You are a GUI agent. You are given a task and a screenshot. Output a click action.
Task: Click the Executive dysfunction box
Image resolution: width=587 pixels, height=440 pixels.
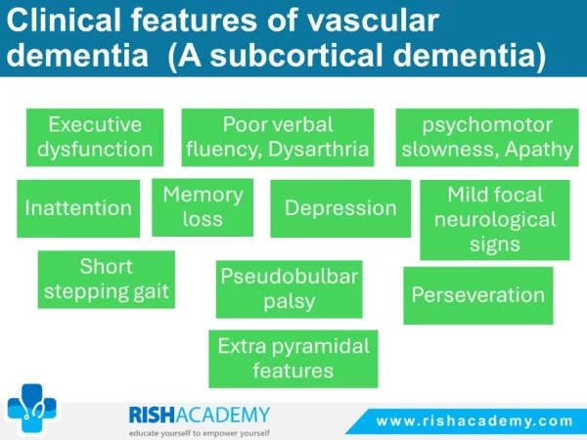coord(95,137)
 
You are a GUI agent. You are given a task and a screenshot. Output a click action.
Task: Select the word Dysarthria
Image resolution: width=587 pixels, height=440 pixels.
coord(319,150)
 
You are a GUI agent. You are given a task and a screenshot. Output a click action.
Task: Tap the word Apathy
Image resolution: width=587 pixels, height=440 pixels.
coord(539,150)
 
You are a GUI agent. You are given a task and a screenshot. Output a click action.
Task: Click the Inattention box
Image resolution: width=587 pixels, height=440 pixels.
coord(78,208)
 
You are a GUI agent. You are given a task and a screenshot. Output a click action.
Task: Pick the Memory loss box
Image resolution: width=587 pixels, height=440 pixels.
coord(203,207)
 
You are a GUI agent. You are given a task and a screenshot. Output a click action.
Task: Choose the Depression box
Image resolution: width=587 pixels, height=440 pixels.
coord(340,208)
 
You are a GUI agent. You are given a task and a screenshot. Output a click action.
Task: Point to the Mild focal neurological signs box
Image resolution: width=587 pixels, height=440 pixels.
coord(495,220)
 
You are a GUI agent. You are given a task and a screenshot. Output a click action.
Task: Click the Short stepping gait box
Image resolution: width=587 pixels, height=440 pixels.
coord(107,280)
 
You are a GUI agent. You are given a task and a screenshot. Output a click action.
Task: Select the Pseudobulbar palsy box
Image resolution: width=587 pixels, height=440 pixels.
coord(289,289)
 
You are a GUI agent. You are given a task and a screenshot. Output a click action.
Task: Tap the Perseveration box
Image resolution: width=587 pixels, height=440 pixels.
coord(478,295)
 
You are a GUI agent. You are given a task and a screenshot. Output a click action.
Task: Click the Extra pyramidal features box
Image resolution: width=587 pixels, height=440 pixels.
coord(293,359)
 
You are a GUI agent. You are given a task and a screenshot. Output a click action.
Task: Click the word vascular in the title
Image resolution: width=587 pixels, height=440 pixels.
coord(373,21)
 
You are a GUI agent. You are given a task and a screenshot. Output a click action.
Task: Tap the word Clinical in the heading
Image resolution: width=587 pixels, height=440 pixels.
coord(64,21)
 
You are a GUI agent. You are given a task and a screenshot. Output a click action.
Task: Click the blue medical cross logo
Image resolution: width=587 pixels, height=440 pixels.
coord(32,409)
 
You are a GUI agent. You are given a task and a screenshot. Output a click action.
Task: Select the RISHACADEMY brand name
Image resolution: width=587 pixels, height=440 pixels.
coord(200,415)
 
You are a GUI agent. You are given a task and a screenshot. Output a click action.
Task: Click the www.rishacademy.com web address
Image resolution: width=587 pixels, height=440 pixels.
coord(474,421)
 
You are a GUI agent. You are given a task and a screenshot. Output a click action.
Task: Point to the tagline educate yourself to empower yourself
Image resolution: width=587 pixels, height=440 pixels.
coord(200,433)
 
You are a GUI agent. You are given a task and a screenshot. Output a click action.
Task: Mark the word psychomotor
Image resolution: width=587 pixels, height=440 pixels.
coord(487,125)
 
